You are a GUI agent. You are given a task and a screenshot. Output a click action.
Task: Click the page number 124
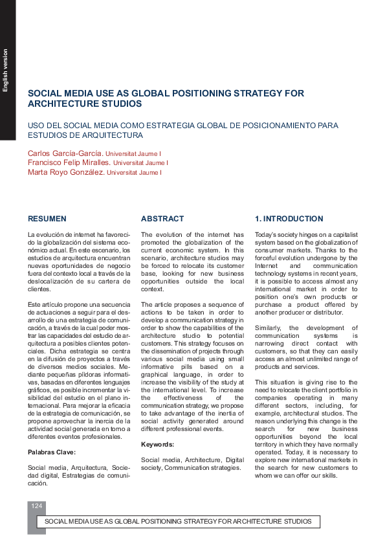[x=36, y=505]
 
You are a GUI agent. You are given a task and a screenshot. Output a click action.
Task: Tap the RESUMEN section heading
[x=47, y=219]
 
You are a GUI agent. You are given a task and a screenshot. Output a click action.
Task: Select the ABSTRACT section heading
[x=162, y=219]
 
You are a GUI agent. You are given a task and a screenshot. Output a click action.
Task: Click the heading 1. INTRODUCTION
[x=289, y=219]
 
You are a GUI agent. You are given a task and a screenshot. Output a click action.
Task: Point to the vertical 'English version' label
[x=6, y=70]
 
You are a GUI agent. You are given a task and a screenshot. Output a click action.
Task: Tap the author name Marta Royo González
[x=65, y=173]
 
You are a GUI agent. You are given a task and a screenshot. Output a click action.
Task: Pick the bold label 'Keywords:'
[x=158, y=445]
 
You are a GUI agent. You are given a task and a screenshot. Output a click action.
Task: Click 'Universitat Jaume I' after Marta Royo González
[x=134, y=173]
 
